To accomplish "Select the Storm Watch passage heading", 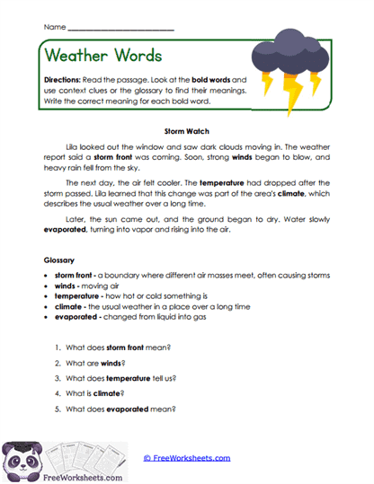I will click(x=187, y=130).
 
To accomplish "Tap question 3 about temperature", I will click(x=129, y=378).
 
